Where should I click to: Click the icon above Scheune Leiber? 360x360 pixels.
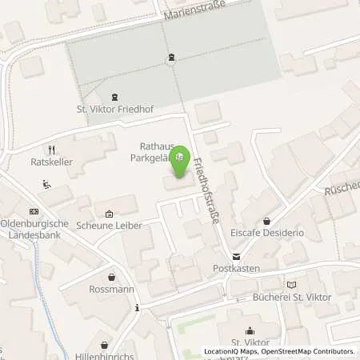[x=109, y=214]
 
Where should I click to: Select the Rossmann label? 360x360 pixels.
[x=110, y=290]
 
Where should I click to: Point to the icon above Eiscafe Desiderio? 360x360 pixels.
[x=267, y=221]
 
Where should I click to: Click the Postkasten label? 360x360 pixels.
[x=235, y=269]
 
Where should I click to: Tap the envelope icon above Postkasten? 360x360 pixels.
[x=235, y=256]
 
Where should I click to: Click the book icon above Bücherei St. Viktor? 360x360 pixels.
[x=291, y=284]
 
